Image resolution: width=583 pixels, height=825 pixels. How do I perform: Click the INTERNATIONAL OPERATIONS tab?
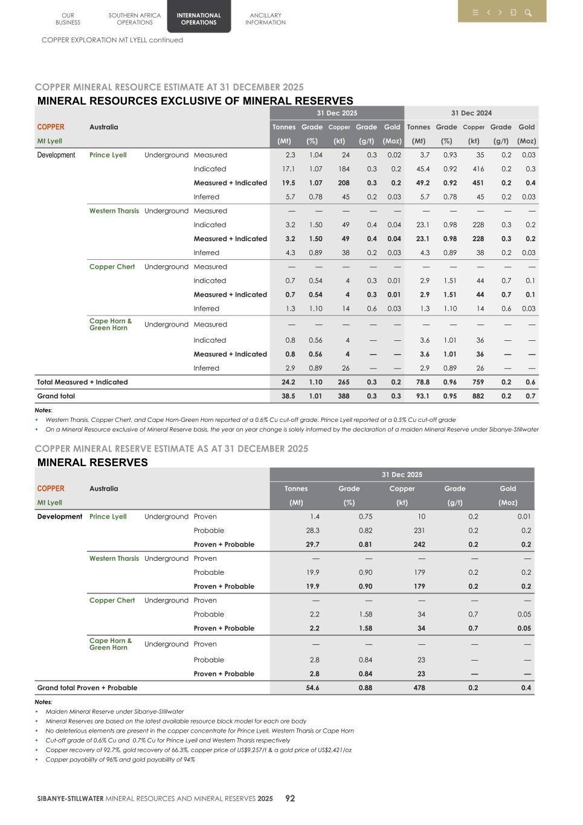pyautogui.click(x=199, y=19)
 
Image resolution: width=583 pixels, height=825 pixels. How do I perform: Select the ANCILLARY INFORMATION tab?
pyautogui.click(x=265, y=19)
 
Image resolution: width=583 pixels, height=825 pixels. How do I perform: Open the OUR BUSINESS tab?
pyautogui.click(x=68, y=19)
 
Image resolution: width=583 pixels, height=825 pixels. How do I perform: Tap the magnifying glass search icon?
pyautogui.click(x=528, y=13)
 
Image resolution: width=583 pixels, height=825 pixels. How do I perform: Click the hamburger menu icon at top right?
pyautogui.click(x=475, y=13)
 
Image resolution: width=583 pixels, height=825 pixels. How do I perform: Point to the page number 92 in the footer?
pyautogui.click(x=290, y=798)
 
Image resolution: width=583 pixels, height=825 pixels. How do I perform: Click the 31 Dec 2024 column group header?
pyautogui.click(x=471, y=113)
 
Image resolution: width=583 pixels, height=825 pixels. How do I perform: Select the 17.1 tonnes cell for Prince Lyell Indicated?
pyautogui.click(x=289, y=169)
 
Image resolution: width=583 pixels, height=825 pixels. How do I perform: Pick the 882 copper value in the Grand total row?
pyautogui.click(x=478, y=396)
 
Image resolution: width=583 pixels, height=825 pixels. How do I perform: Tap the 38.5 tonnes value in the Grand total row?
pyautogui.click(x=289, y=396)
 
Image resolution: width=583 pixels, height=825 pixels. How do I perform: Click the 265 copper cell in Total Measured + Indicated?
pyautogui.click(x=344, y=383)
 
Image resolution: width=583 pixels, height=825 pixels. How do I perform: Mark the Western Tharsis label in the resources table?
pyautogui.click(x=114, y=211)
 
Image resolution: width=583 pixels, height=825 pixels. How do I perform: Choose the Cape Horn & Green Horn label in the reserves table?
pyautogui.click(x=110, y=644)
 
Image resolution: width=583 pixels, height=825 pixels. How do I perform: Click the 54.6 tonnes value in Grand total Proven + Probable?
pyautogui.click(x=313, y=688)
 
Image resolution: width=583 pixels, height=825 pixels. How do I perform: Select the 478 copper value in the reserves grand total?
pyautogui.click(x=419, y=688)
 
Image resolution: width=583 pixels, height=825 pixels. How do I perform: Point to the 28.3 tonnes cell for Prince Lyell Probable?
pyautogui.click(x=313, y=531)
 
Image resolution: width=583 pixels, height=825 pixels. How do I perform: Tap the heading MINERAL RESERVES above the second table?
pyautogui.click(x=92, y=462)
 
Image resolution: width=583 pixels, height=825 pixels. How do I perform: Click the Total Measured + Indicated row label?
pyautogui.click(x=82, y=383)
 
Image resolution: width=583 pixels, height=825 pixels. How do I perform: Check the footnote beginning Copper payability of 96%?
pyautogui.click(x=120, y=760)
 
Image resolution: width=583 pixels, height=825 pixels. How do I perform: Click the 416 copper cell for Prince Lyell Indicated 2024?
pyautogui.click(x=478, y=169)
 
